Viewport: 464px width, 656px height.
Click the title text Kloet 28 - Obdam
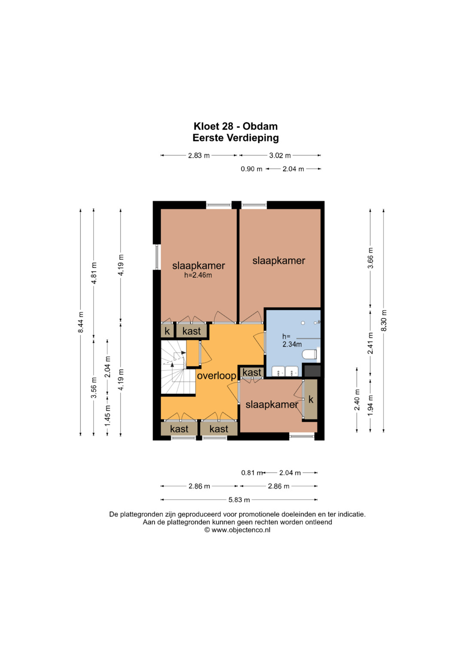235,126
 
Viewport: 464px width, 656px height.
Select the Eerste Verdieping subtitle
235,137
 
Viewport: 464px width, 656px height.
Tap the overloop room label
217,376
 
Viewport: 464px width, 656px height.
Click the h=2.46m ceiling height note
198,275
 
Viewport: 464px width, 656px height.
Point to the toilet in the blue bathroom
309,354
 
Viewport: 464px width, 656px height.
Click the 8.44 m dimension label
81,322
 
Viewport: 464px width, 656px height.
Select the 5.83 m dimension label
239,500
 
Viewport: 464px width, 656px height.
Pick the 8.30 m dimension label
384,320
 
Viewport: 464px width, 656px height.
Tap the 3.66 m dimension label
370,258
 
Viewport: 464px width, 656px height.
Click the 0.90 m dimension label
251,169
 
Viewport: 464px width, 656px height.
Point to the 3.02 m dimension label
280,156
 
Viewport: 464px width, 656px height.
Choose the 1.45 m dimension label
108,415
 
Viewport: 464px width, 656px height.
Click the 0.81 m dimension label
251,473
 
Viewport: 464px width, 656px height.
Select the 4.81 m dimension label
94,273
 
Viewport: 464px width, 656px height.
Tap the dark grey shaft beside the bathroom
311,371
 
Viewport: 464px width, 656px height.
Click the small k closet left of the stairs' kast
167,331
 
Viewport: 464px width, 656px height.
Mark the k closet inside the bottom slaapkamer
311,399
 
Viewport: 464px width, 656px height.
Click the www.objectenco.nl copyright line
237,530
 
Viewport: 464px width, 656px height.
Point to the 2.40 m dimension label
357,400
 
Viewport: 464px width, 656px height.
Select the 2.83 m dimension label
199,156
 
